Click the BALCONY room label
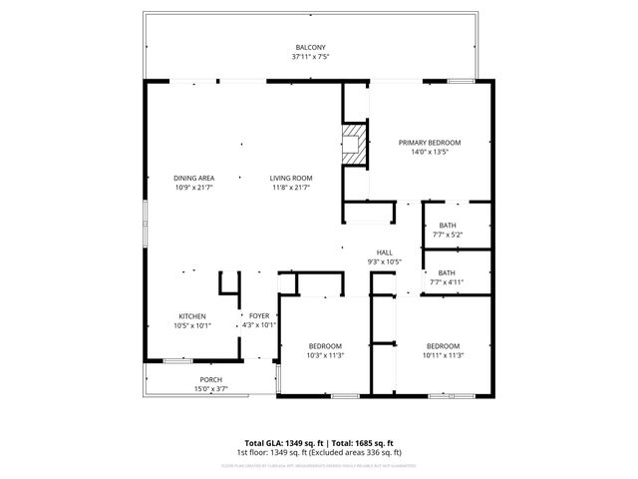point(310,48)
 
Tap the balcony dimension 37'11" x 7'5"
point(310,57)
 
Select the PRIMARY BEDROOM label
point(430,143)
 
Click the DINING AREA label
point(194,178)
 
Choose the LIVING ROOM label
point(290,178)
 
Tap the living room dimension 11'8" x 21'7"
point(290,187)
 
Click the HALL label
point(384,252)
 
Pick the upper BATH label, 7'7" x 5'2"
point(447,226)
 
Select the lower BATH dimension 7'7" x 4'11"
point(447,282)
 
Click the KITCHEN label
point(192,316)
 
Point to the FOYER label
point(259,316)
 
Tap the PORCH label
point(211,379)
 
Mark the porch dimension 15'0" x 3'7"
point(211,388)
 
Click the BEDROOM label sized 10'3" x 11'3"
point(325,345)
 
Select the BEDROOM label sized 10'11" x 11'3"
point(444,345)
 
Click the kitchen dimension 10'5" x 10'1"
point(192,325)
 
